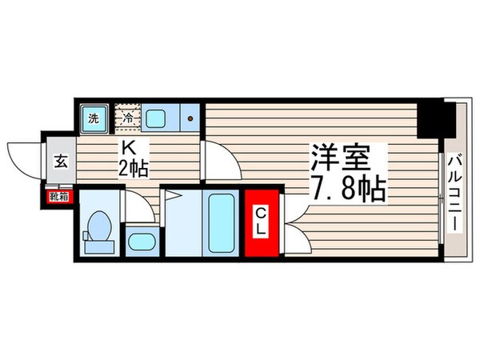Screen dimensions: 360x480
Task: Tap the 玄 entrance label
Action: [61, 161]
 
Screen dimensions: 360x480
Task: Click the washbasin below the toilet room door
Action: [142, 242]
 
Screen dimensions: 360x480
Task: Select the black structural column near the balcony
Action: [435, 120]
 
